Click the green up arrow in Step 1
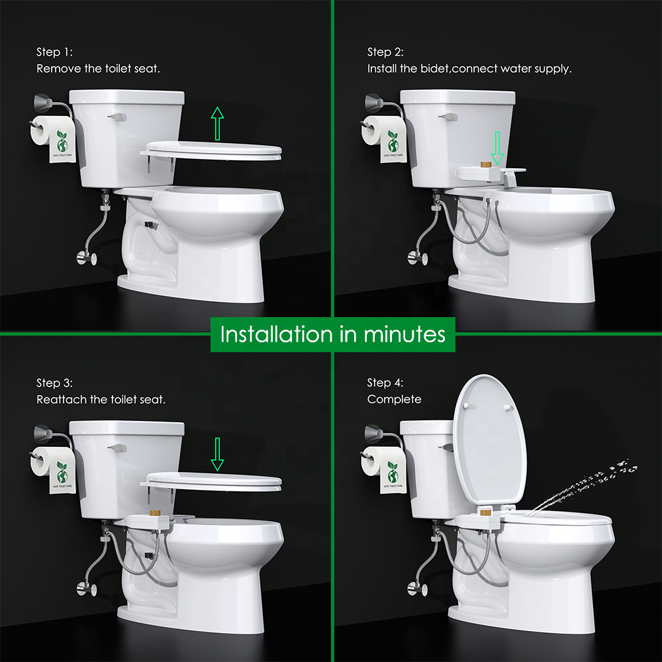217,123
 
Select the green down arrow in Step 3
217,455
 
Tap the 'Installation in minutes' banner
332,334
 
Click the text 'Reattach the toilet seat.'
101,399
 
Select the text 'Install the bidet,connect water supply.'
469,68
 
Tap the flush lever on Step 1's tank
118,117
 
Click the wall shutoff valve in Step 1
84,257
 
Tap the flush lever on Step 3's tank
118,448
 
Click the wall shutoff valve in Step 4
415,588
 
